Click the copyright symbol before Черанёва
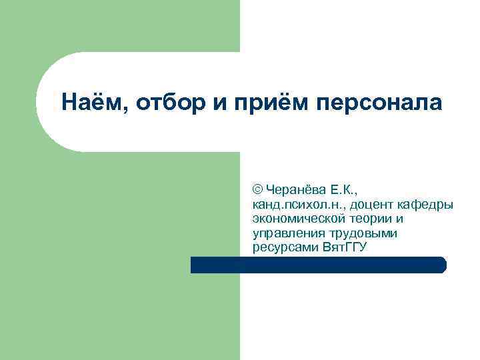[x=258, y=189]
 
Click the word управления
[x=287, y=233]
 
